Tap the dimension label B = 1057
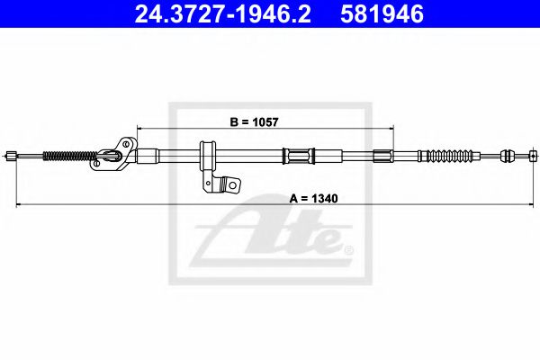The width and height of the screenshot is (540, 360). pyautogui.click(x=255, y=118)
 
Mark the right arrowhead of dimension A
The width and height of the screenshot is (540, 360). pyautogui.click(x=526, y=206)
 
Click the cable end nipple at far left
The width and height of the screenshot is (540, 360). pyautogui.click(x=11, y=157)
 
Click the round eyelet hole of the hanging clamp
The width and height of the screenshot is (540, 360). pyautogui.click(x=230, y=184)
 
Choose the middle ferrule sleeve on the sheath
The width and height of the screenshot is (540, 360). pyautogui.click(x=297, y=156)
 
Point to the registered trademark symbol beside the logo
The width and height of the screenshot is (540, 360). pyautogui.click(x=349, y=250)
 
